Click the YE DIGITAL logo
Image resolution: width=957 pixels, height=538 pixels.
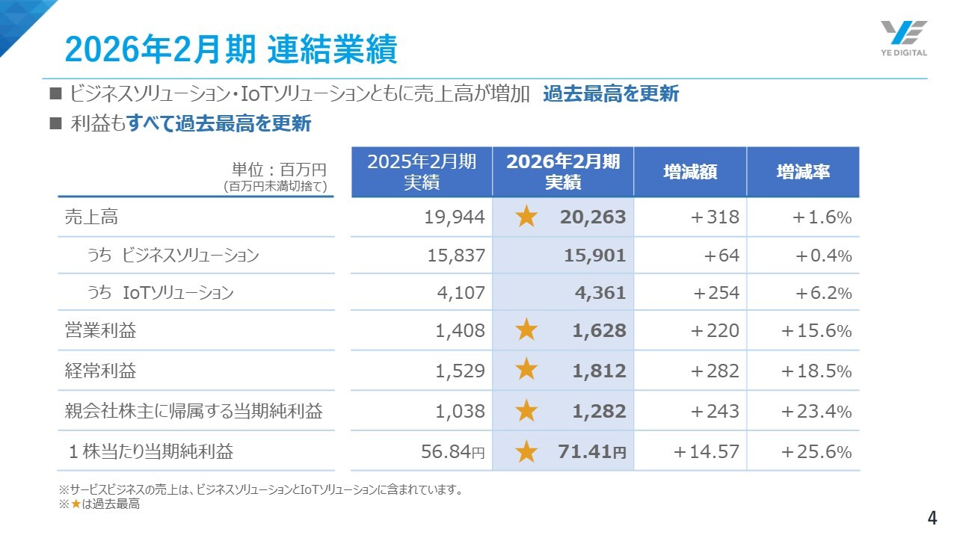coord(903,38)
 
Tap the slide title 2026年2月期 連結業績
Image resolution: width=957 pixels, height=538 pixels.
coord(230,49)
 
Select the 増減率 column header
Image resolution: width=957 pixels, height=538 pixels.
coord(803,172)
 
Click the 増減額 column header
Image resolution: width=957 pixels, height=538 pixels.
coord(690,172)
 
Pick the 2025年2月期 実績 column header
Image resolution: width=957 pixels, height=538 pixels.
coord(422,172)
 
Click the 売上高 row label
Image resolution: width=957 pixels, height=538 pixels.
coord(91,217)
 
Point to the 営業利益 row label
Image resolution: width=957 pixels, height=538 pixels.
coord(100,330)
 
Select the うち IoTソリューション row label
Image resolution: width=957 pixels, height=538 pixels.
coord(159,293)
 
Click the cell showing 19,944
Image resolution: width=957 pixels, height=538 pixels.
coord(455,217)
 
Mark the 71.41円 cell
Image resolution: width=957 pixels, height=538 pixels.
coord(591,451)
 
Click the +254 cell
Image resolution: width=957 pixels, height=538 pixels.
coord(716,293)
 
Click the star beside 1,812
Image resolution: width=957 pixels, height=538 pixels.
coord(527,370)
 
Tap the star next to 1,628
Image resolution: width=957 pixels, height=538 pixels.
coord(527,330)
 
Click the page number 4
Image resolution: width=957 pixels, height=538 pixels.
coord(932,518)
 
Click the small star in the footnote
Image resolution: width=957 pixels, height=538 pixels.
coord(76,504)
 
